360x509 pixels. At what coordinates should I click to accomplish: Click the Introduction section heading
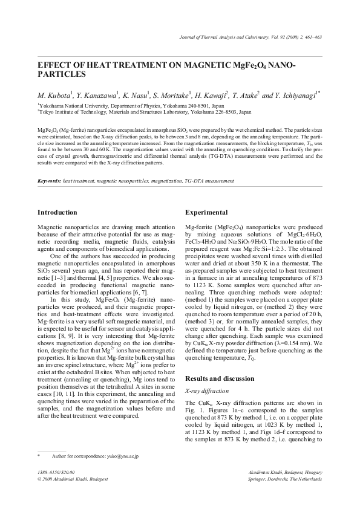pyautogui.click(x=57, y=212)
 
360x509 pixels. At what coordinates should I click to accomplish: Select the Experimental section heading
pyautogui.click(x=206, y=212)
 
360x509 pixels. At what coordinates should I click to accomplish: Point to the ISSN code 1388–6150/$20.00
pyautogui.click(x=56, y=472)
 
